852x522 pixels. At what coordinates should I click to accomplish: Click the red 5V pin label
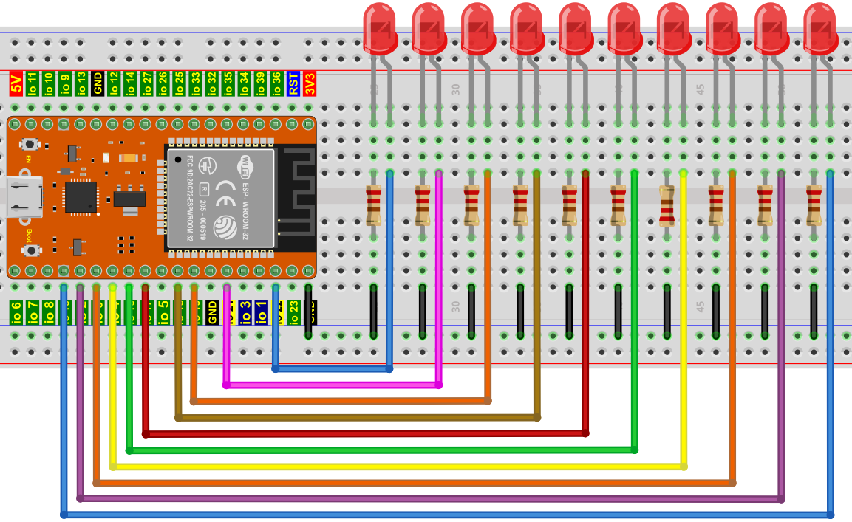click(x=16, y=83)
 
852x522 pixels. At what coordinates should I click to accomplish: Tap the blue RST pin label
click(x=293, y=83)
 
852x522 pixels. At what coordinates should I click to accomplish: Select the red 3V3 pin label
click(x=310, y=83)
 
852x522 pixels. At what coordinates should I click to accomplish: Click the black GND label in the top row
click(x=98, y=83)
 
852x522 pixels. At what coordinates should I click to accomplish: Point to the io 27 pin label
click(x=146, y=83)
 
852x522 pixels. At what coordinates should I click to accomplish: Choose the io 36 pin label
click(x=276, y=83)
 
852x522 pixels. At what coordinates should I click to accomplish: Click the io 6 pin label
click(x=16, y=312)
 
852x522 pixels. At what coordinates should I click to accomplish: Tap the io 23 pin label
click(x=293, y=312)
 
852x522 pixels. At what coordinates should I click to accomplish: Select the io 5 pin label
click(x=163, y=312)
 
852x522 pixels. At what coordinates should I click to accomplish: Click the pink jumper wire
click(x=333, y=385)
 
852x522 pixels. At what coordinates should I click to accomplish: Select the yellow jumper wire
click(x=399, y=467)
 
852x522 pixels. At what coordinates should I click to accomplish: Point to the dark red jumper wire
click(x=369, y=433)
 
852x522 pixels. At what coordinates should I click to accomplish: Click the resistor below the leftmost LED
click(x=374, y=205)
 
